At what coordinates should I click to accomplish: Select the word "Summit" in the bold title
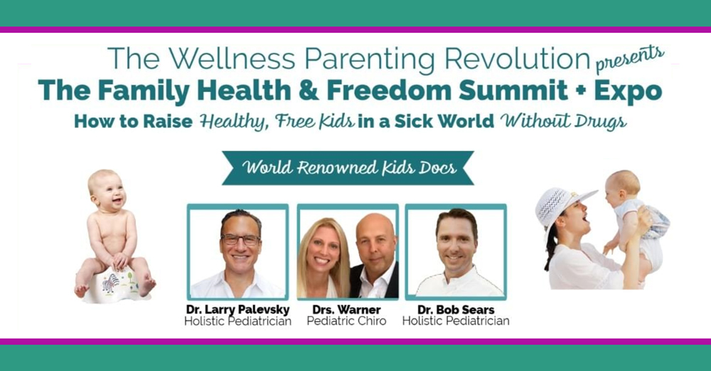[x=513, y=90]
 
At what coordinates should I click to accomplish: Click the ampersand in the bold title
[x=309, y=90]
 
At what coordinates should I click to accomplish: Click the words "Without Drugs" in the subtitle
[x=564, y=122]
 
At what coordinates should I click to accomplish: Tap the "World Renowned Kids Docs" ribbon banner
[x=348, y=168]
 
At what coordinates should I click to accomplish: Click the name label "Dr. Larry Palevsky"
[x=237, y=310]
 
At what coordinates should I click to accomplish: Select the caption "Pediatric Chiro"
[x=346, y=321]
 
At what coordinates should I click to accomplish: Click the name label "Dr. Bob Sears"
[x=456, y=310]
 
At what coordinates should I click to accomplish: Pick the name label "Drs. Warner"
[x=346, y=310]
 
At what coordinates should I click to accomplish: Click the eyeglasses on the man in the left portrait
[x=240, y=239]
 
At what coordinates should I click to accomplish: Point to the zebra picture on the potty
[x=110, y=283]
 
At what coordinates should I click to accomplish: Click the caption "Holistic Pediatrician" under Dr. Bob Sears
[x=456, y=321]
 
